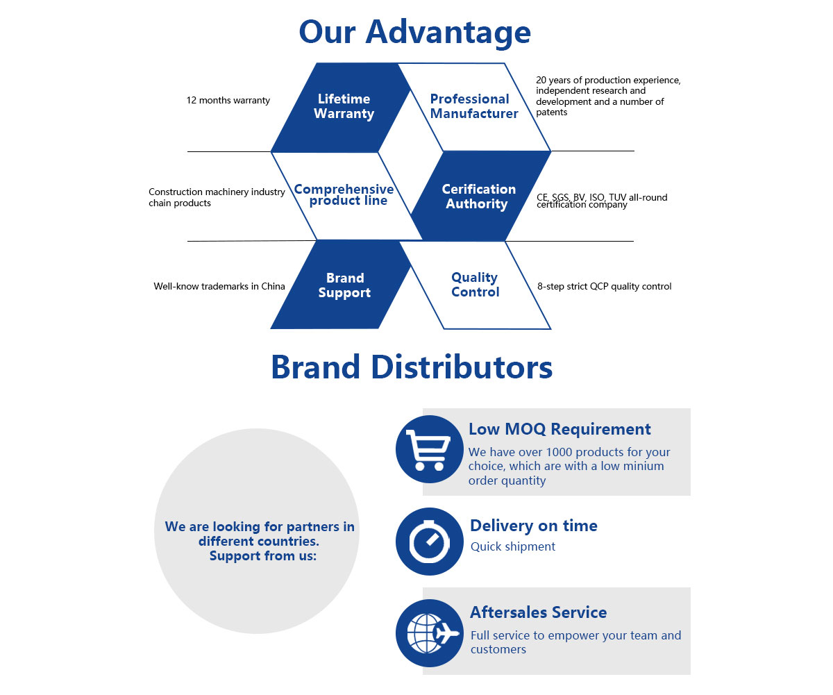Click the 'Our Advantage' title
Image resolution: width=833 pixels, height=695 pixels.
click(x=414, y=32)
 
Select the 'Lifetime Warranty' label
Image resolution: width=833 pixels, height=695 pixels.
click(x=344, y=106)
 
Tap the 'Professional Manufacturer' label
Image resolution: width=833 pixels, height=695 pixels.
click(x=473, y=106)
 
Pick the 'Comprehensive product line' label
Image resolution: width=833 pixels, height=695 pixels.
click(x=344, y=195)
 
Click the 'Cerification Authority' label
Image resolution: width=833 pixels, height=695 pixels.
click(x=478, y=196)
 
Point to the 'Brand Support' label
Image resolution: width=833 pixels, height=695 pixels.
click(x=344, y=285)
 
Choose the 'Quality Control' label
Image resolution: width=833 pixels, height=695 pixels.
click(x=475, y=285)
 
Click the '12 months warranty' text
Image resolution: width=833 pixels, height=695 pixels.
click(x=228, y=101)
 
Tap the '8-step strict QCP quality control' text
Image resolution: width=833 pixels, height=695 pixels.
click(x=604, y=286)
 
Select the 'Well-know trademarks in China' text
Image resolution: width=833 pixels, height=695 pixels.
click(x=219, y=286)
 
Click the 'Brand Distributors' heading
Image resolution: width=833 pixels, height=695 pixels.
click(x=412, y=367)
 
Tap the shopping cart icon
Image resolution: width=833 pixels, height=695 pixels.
click(x=429, y=449)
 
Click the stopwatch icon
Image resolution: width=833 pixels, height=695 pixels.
click(x=429, y=542)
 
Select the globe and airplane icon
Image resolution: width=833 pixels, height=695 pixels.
click(x=429, y=633)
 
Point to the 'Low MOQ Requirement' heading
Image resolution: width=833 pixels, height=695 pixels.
click(x=559, y=429)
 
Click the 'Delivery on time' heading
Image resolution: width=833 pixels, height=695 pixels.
click(x=533, y=526)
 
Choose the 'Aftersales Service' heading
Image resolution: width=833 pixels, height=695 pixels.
click(x=538, y=612)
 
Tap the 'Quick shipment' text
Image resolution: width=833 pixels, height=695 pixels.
click(x=512, y=546)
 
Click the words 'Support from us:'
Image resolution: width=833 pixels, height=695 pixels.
click(x=262, y=556)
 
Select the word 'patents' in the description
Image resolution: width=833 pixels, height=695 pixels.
click(x=551, y=112)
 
